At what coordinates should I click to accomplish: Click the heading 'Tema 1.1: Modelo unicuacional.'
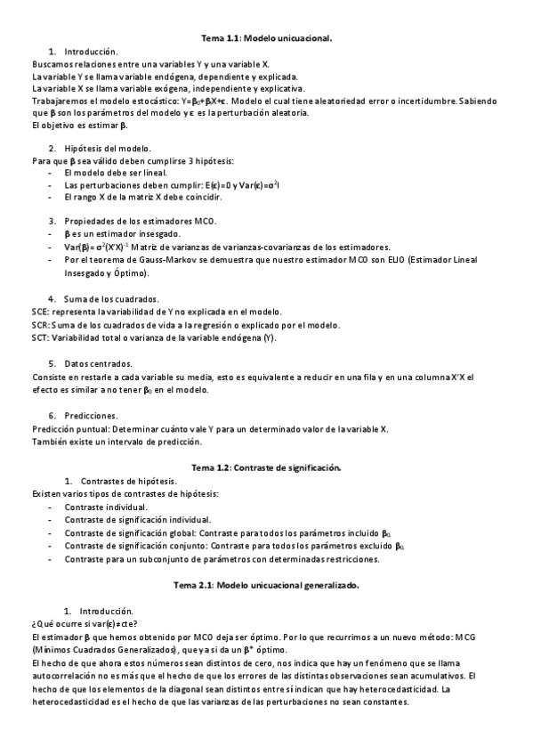click(266, 39)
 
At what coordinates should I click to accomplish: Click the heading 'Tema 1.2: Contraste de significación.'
click(266, 467)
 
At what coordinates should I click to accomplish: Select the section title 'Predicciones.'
click(91, 415)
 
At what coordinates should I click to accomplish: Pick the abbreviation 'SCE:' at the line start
click(40, 312)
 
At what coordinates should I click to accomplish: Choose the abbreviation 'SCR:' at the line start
click(41, 325)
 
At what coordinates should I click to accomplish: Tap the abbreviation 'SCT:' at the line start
click(41, 338)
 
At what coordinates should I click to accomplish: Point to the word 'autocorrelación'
click(61, 677)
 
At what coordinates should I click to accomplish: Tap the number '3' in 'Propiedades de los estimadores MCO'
click(52, 221)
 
